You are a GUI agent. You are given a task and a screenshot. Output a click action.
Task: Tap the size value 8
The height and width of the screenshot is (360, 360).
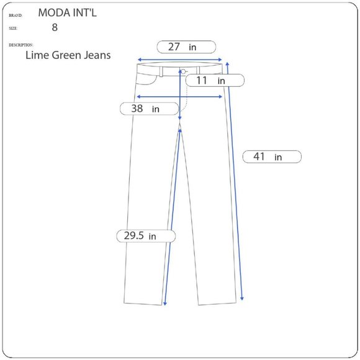55,27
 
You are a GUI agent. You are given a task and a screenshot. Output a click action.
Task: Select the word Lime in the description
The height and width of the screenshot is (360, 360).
37,55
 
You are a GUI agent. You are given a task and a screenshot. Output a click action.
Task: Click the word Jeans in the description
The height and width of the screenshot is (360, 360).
97,55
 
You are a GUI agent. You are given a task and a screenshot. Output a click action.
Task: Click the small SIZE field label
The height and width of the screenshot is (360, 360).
14,29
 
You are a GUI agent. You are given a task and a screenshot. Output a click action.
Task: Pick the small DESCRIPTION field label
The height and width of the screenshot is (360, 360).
21,45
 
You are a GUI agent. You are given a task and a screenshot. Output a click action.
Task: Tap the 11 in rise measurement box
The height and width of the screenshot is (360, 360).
214,81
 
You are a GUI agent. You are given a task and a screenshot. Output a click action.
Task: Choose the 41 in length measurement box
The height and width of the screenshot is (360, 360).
271,157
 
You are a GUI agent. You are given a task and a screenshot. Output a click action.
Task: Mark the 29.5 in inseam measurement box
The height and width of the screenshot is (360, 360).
145,236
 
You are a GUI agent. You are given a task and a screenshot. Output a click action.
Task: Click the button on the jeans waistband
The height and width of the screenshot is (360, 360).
184,71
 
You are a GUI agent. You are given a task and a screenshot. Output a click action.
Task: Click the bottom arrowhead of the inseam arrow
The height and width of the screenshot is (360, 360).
164,304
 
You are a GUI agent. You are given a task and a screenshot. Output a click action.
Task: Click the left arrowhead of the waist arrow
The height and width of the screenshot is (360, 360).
139,60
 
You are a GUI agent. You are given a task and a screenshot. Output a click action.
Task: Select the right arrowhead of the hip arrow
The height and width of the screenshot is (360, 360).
222,97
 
